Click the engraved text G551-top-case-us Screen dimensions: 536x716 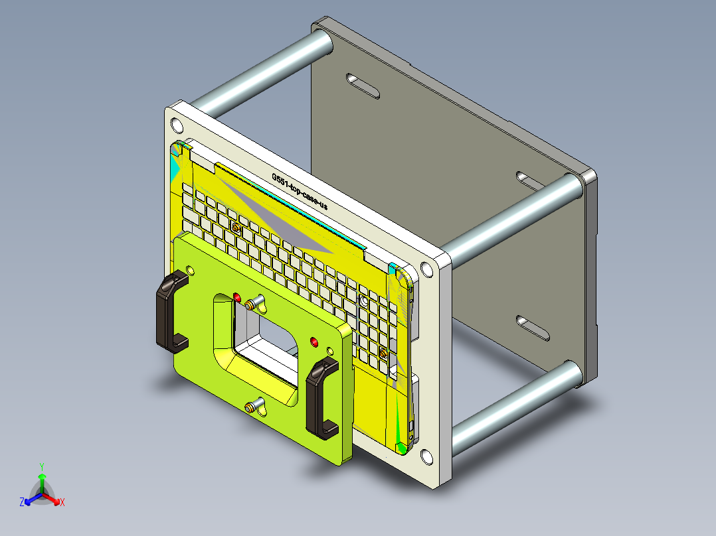click(x=300, y=192)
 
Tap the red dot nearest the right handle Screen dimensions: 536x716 click(x=314, y=342)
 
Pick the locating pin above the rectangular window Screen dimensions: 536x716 click(x=250, y=305)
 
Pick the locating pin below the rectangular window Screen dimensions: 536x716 click(x=250, y=406)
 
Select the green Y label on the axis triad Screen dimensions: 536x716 click(x=41, y=466)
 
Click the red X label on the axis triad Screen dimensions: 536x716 click(x=62, y=503)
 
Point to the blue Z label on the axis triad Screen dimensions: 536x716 click(x=22, y=503)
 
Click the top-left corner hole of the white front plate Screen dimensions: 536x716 click(x=176, y=125)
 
